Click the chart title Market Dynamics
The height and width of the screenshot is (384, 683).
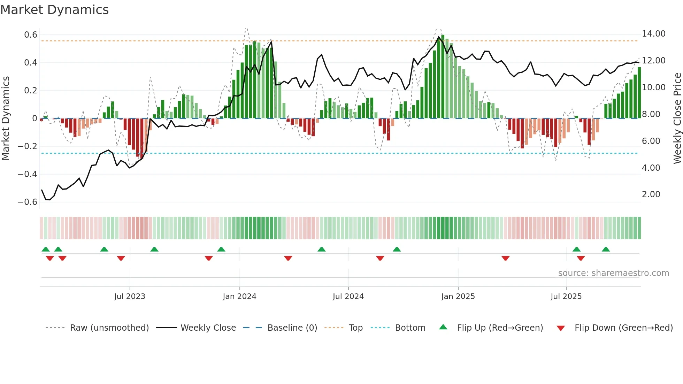click(54, 10)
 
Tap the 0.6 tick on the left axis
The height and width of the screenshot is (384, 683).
click(31, 35)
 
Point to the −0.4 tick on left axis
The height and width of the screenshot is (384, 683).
click(28, 174)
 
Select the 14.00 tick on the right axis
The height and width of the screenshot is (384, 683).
click(653, 34)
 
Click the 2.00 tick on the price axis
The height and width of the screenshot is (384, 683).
click(651, 194)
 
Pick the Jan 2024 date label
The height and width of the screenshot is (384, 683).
click(239, 297)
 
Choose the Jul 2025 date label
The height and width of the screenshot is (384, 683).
click(566, 297)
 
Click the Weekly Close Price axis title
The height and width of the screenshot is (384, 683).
click(677, 118)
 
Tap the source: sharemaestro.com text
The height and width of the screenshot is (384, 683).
click(613, 273)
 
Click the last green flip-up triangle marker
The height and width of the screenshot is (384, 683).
click(606, 249)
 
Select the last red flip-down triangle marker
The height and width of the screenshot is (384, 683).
click(581, 258)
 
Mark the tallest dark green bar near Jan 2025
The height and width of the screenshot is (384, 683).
click(443, 77)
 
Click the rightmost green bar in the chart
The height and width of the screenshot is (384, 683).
click(639, 93)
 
